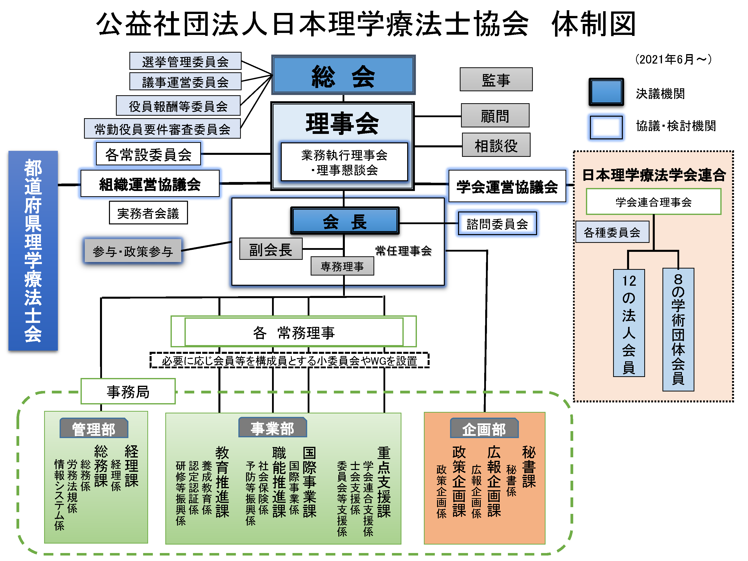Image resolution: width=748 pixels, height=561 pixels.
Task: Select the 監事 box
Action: click(x=496, y=80)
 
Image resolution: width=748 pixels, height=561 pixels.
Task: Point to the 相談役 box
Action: click(x=496, y=145)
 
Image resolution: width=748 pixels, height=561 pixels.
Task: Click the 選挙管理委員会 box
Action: click(x=185, y=61)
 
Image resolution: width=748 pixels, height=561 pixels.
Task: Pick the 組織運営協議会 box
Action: click(x=150, y=184)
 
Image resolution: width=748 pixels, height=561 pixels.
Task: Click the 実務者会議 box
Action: click(x=148, y=213)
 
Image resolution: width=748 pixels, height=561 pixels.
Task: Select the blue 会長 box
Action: click(x=345, y=221)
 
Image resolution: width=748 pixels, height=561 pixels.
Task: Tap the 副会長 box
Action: click(x=271, y=249)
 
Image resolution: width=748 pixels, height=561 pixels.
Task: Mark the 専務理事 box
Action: click(x=342, y=266)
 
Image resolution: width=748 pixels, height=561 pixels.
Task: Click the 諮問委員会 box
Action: click(x=497, y=223)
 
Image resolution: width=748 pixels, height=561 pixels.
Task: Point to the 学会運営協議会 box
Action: click(x=507, y=186)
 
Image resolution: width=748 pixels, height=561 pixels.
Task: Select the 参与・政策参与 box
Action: click(x=133, y=251)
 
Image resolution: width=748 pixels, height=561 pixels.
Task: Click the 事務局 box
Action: click(x=128, y=391)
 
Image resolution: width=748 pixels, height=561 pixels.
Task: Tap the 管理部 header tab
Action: click(x=94, y=428)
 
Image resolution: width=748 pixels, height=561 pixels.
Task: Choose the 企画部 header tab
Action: click(x=484, y=428)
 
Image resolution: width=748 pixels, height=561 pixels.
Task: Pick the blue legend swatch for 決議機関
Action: click(x=606, y=92)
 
